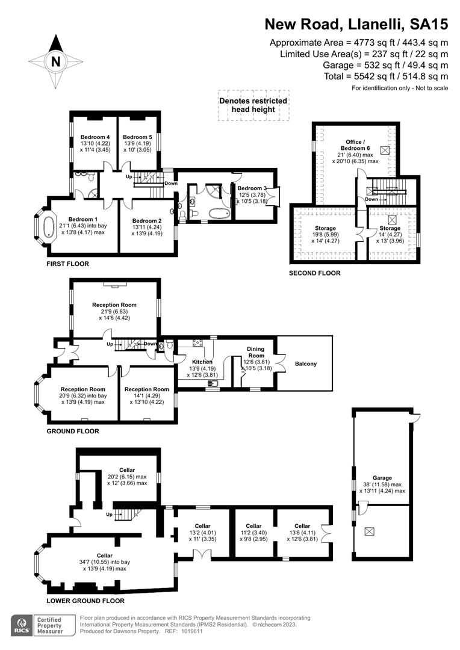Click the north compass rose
[x=55, y=61]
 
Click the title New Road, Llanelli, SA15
[x=357, y=25]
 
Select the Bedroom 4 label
[x=95, y=137]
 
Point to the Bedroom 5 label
[x=138, y=137]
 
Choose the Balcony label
[x=305, y=364]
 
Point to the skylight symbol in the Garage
[x=369, y=531]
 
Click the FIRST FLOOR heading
[x=67, y=264]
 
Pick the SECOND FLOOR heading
[x=315, y=273]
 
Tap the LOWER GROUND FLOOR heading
[x=85, y=601]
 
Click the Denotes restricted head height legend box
[x=253, y=105]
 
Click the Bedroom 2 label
[x=147, y=221]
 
